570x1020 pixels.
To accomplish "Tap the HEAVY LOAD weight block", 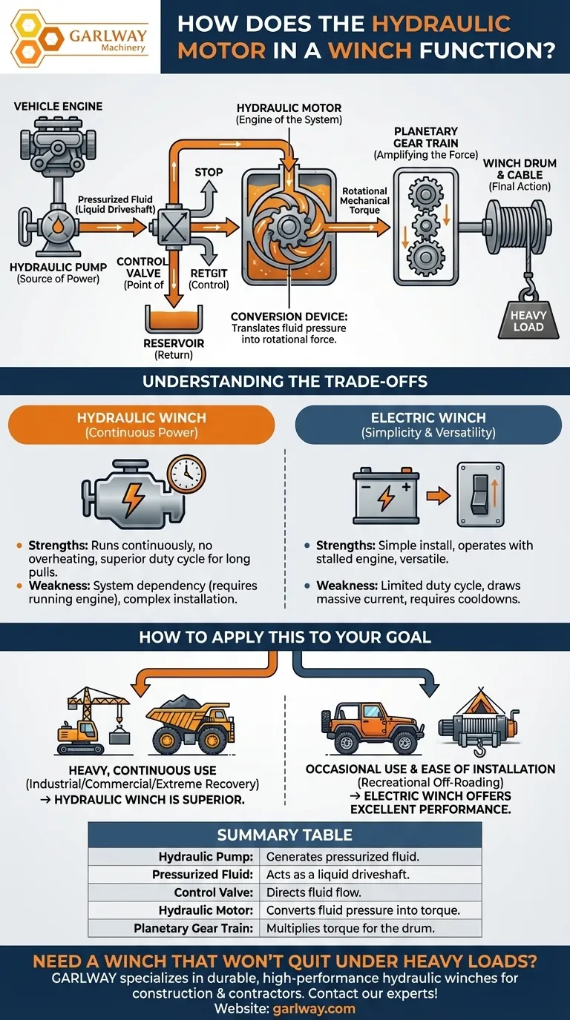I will point(528,321).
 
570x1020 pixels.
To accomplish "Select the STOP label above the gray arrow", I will point(209,172).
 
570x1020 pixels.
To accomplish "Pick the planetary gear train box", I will point(425,225).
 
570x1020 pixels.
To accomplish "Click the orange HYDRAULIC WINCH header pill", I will point(141,425).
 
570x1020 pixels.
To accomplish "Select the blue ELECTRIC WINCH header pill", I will point(428,425).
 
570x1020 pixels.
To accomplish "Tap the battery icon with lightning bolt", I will point(385,494).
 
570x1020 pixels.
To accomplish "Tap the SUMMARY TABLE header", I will point(284,835).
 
